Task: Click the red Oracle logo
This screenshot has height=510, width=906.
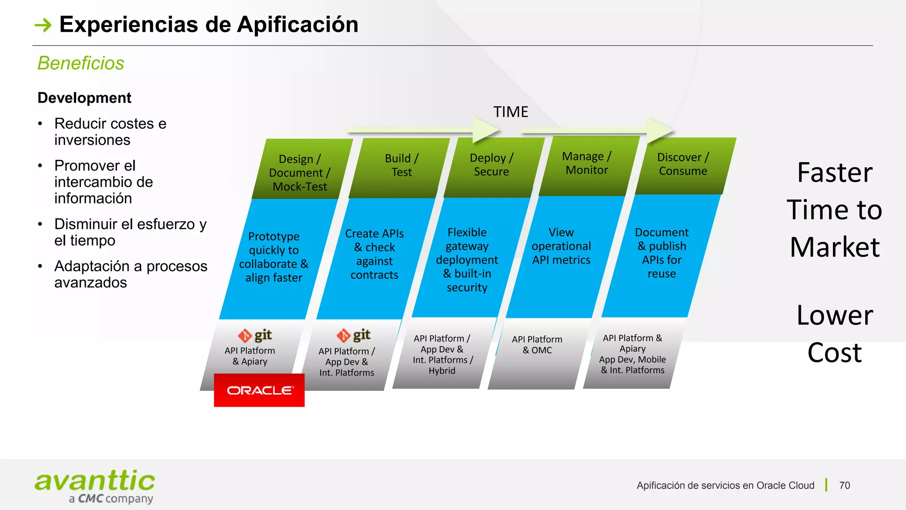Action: pos(259,390)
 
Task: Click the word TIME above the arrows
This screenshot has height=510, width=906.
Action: pos(511,112)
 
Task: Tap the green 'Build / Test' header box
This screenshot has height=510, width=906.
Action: pos(401,166)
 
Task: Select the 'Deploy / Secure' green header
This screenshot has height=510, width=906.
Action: pos(491,165)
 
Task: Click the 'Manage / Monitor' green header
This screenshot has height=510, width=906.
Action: pos(587,163)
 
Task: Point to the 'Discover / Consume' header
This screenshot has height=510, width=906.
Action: pos(683,164)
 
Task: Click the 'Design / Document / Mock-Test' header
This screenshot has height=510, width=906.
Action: pos(299,173)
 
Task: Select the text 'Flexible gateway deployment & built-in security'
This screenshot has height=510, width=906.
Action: pos(467,260)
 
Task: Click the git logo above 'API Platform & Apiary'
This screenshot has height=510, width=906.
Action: pos(255,336)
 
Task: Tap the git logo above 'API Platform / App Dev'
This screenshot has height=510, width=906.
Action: pos(353,336)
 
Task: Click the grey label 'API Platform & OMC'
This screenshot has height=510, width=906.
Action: pos(537,345)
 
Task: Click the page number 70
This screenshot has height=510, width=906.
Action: pos(845,485)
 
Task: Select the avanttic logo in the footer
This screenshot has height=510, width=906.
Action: pos(95,487)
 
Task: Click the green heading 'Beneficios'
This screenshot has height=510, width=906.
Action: pos(81,63)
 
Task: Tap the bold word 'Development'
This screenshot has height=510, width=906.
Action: pos(84,98)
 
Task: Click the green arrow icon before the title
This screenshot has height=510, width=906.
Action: pos(43,25)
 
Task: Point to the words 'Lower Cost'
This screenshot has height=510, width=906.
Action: pos(834,334)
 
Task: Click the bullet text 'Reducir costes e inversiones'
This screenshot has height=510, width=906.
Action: pos(110,131)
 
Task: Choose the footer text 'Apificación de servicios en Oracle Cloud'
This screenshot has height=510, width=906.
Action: pos(725,485)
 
